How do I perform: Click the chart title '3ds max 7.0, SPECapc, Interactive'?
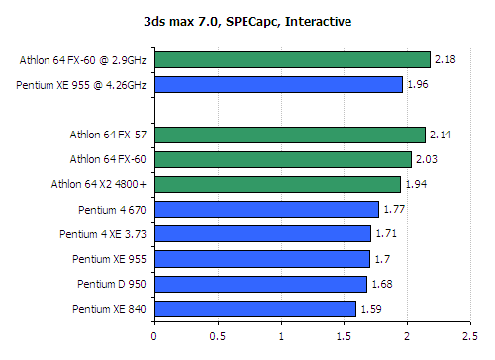pyautogui.click(x=247, y=20)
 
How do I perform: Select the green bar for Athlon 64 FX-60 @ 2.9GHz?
pyautogui.click(x=292, y=60)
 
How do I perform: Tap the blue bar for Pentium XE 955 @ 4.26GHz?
pyautogui.click(x=278, y=85)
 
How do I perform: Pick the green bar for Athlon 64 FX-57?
pyautogui.click(x=289, y=135)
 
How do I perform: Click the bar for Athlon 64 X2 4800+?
pyautogui.click(x=277, y=184)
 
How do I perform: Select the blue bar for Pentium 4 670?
pyautogui.click(x=266, y=209)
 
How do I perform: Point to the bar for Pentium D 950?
pyautogui.click(x=260, y=284)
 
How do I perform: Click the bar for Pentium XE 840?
pyautogui.click(x=254, y=309)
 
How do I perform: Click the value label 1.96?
pyautogui.click(x=417, y=86)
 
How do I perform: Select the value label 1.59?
pyautogui.click(x=370, y=310)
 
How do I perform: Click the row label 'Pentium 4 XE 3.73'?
pyautogui.click(x=104, y=234)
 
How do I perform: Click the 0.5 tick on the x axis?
pyautogui.click(x=218, y=335)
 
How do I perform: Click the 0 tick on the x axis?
pyautogui.click(x=154, y=335)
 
